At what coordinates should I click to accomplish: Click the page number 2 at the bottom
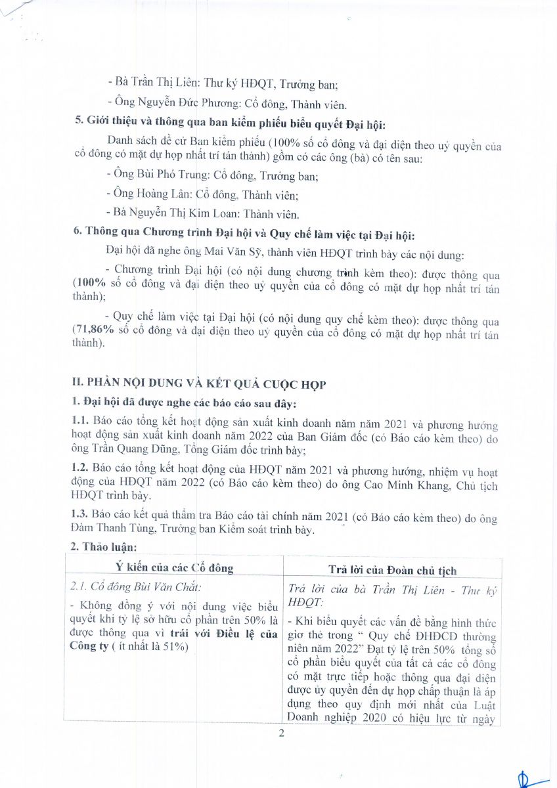(x=281, y=733)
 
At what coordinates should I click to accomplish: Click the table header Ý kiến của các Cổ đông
(x=174, y=569)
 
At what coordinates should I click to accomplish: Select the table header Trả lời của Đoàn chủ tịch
(x=392, y=570)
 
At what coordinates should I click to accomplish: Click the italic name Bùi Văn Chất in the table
(x=158, y=587)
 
